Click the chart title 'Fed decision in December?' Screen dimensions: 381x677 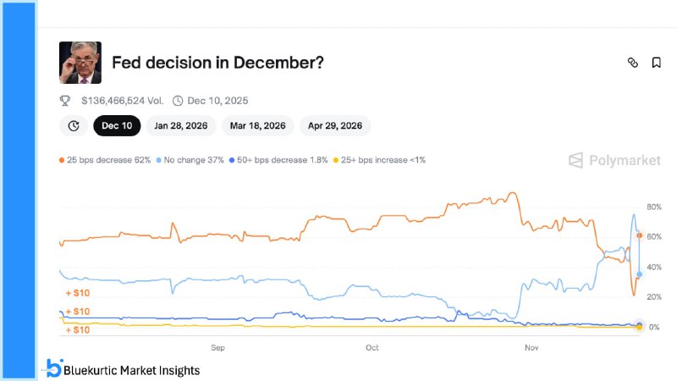point(217,63)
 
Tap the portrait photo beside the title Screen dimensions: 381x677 point(80,63)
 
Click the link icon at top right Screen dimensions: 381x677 point(632,63)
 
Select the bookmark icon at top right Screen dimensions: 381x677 point(656,63)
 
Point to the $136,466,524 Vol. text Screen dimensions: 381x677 point(122,100)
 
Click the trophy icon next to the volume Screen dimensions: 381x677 point(65,100)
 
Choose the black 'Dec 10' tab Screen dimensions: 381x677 point(117,125)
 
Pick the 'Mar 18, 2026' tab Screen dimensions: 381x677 point(258,125)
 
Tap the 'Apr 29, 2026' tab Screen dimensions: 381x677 point(335,125)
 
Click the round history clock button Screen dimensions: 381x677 point(74,125)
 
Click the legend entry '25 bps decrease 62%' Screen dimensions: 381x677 point(105,159)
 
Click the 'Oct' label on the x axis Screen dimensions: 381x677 point(372,347)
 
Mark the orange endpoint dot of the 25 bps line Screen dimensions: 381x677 point(640,235)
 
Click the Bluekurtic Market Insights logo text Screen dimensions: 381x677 point(132,369)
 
